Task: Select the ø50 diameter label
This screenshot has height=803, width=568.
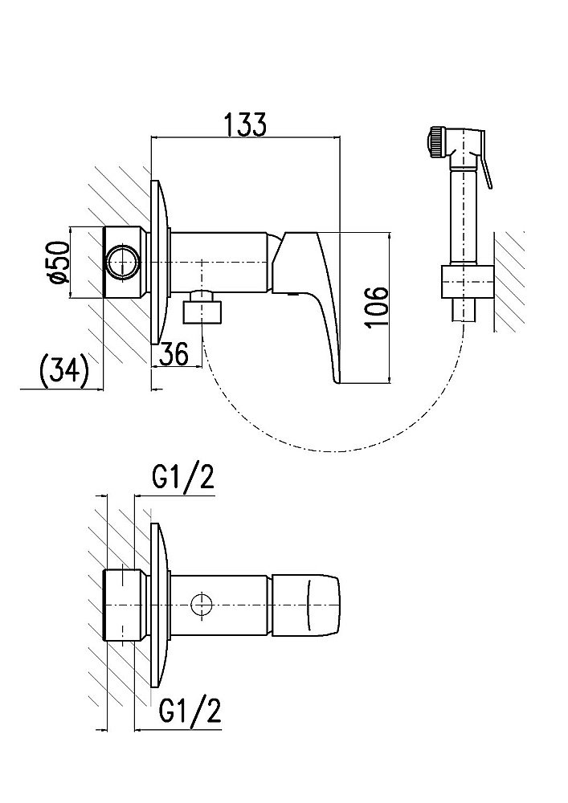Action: [56, 263]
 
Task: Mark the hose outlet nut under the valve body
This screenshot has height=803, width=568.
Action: [202, 308]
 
